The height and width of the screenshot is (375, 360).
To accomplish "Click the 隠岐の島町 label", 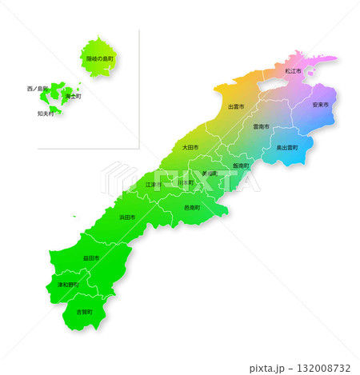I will point(100,59).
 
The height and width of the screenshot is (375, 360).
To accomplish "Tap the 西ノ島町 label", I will point(37,88).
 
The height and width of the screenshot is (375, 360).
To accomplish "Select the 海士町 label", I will point(73,96).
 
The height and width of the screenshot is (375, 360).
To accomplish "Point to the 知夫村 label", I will point(46,114).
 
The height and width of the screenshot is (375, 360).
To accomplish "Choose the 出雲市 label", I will point(236,106).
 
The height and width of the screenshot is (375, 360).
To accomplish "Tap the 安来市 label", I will point(321,105).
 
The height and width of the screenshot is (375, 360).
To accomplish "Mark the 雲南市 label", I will point(261,126).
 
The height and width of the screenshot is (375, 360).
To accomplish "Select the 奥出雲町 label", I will point(287,148).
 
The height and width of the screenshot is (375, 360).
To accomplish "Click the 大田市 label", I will point(190,147).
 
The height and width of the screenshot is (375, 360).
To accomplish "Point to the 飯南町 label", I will point(241,166).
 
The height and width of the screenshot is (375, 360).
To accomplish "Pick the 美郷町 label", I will point(210,174).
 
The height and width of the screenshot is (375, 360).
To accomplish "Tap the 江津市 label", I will point(153,185).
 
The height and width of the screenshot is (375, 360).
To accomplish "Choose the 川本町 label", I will point(186,183).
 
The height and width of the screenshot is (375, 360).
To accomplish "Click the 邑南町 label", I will point(192,207).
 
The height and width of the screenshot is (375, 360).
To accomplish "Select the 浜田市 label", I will point(127,217).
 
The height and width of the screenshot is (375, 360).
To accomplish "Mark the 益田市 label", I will point(91,258).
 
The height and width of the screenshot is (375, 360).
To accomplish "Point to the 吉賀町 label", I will point(84,311).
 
